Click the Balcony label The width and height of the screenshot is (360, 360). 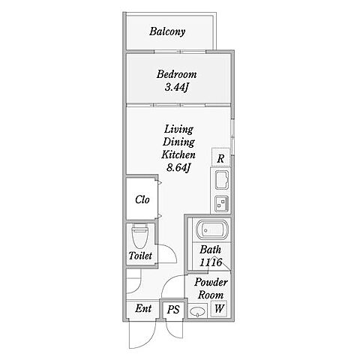click(x=167, y=31)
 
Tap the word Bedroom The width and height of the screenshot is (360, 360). click(x=176, y=74)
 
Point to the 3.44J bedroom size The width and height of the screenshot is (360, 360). click(x=176, y=87)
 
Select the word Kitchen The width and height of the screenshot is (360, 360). click(x=178, y=154)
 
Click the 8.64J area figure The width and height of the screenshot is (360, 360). click(x=178, y=168)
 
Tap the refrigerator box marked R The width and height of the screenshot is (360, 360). click(x=220, y=157)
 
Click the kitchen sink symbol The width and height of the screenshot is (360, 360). click(x=222, y=180)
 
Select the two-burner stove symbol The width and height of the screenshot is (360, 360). click(x=221, y=203)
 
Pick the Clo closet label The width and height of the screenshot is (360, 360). click(x=142, y=199)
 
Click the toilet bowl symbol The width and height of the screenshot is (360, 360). click(x=140, y=235)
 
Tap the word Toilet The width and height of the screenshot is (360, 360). click(x=140, y=256)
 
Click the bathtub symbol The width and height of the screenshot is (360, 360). click(x=212, y=229)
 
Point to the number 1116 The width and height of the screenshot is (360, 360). click(x=211, y=262)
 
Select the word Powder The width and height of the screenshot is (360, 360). click(x=211, y=282)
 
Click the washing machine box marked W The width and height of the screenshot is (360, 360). click(x=219, y=308)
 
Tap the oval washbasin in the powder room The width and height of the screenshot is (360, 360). click(x=198, y=312)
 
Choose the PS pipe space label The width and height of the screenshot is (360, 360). click(x=173, y=310)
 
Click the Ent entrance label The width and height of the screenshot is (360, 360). click(x=143, y=308)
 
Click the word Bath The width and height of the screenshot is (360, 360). click(x=211, y=250)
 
